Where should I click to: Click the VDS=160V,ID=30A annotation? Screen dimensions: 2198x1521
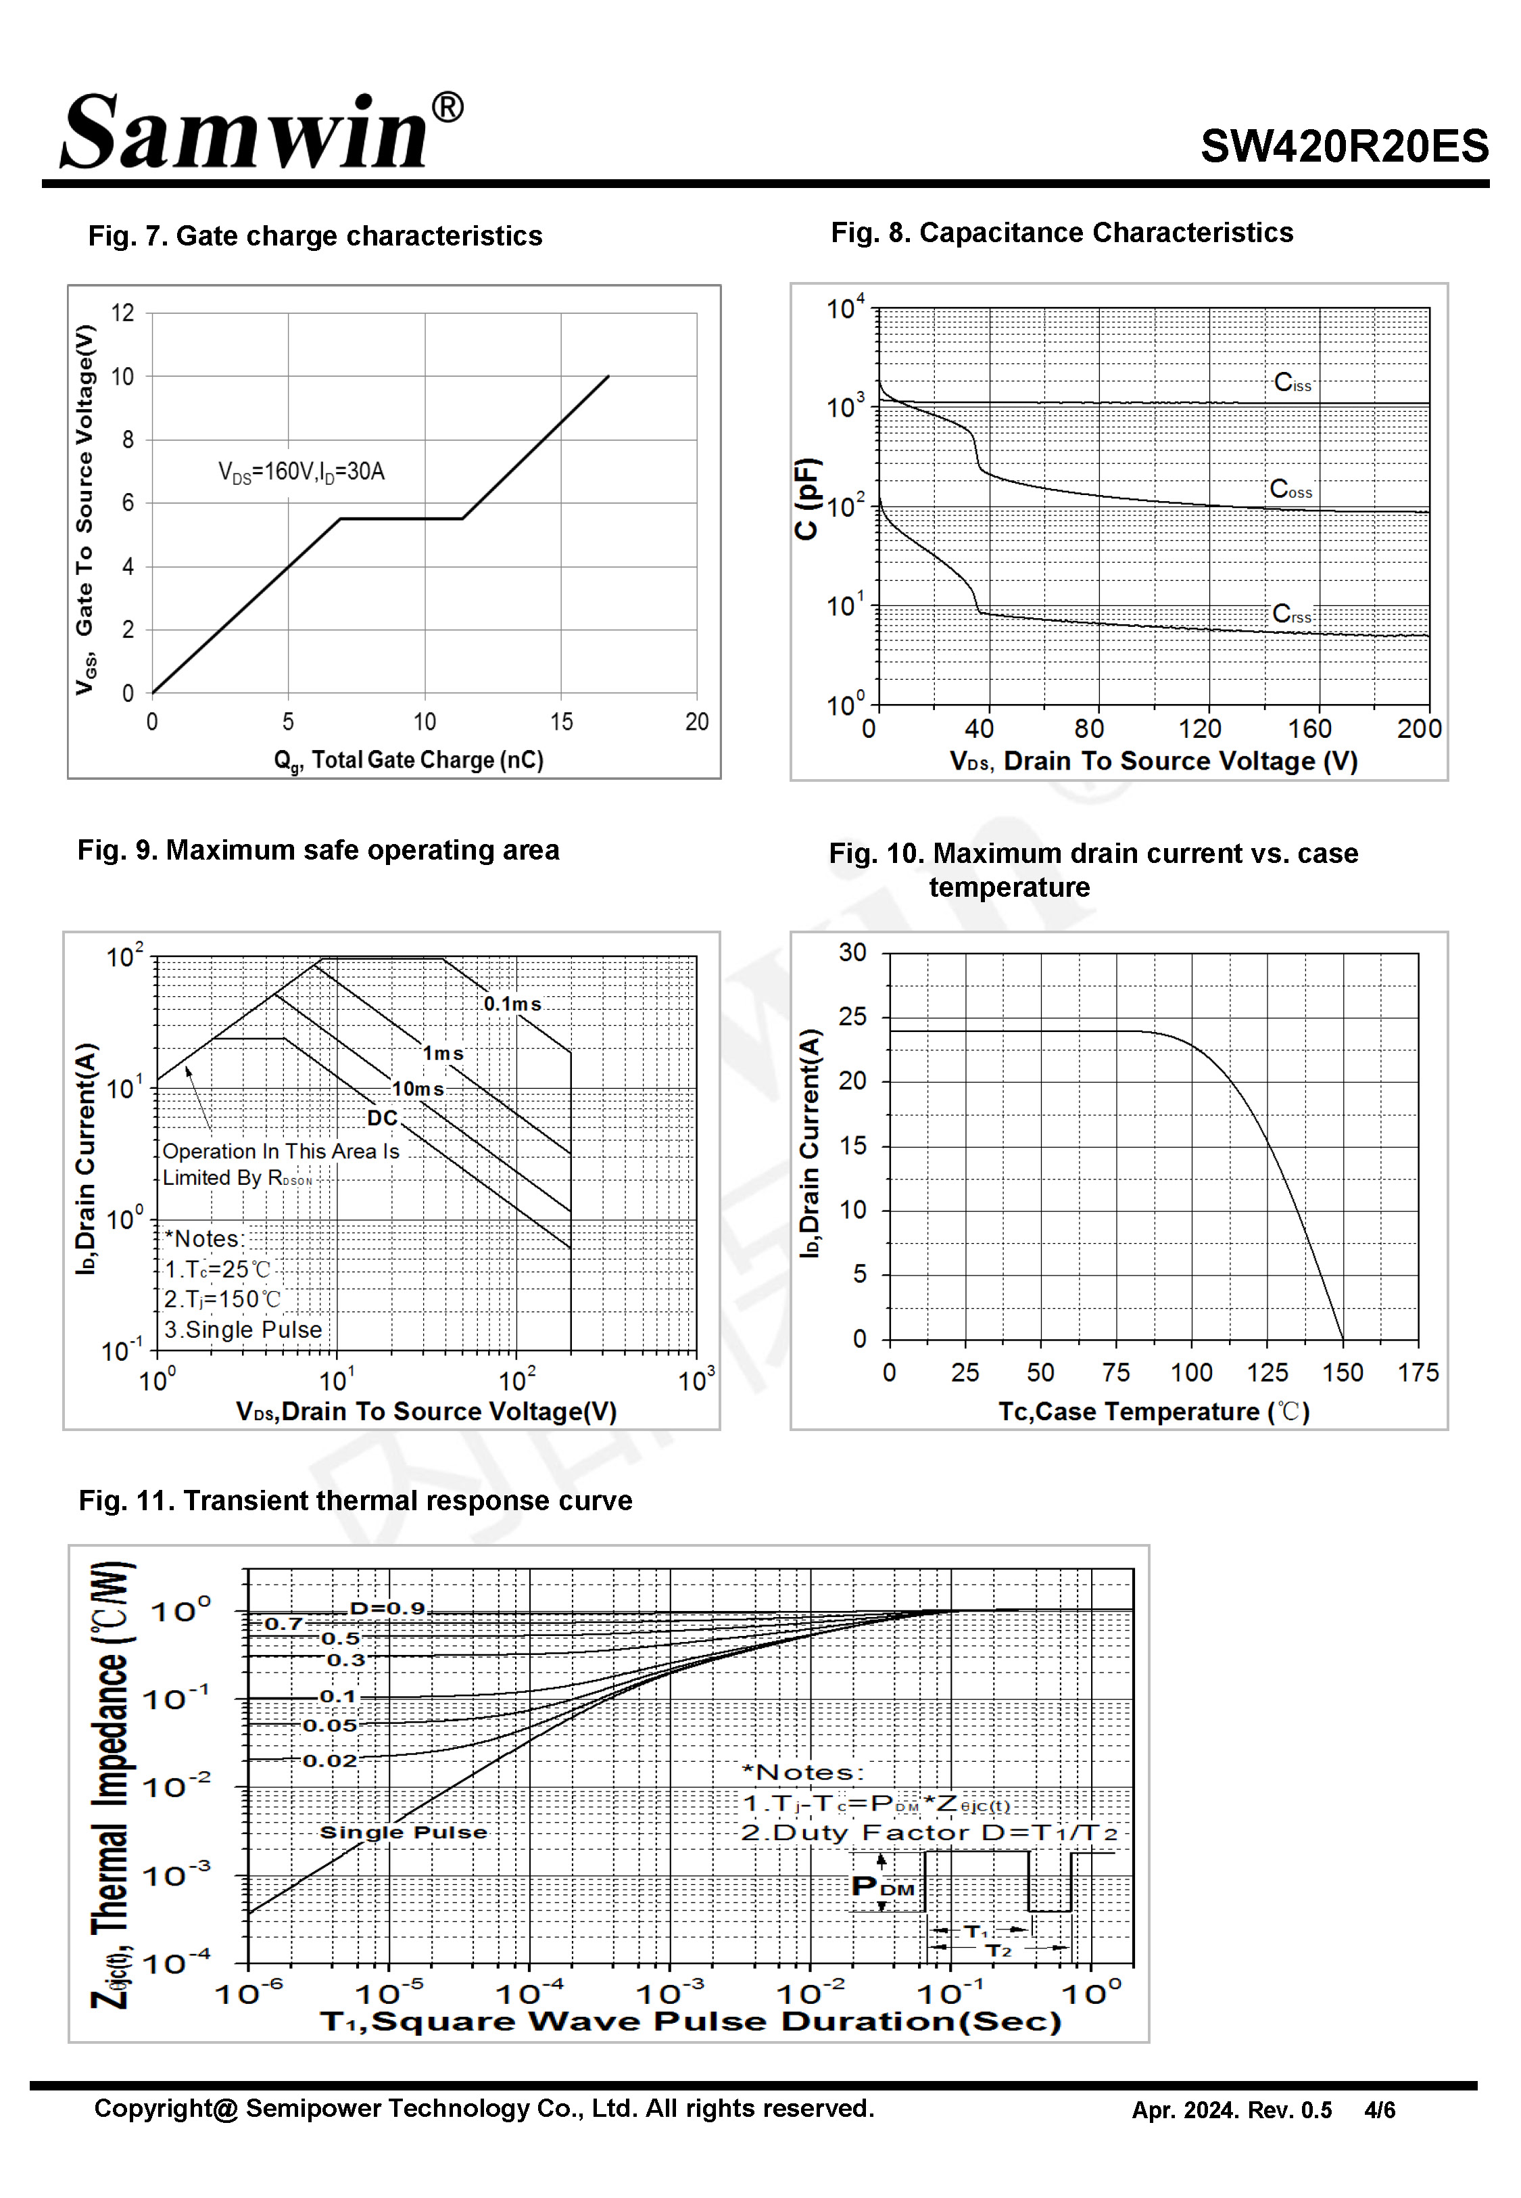(301, 472)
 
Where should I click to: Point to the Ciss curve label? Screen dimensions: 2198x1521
(1293, 383)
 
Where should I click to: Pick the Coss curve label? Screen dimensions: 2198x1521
(1290, 490)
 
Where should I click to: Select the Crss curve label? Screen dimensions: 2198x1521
(1291, 614)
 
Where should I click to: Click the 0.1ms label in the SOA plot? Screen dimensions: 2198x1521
(512, 1004)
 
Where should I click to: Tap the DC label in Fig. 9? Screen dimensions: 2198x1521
(382, 1118)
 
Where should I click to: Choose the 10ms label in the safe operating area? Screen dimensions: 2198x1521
(417, 1088)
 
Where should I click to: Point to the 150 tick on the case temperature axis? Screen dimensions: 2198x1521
(1342, 1372)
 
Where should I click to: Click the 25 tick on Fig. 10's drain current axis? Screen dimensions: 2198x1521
(853, 1017)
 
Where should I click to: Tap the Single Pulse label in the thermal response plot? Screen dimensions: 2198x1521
(403, 1832)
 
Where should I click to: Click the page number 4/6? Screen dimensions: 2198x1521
(1379, 2110)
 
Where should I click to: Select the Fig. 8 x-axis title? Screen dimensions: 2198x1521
(1153, 762)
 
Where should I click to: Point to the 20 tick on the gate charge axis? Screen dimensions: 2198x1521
(697, 722)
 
